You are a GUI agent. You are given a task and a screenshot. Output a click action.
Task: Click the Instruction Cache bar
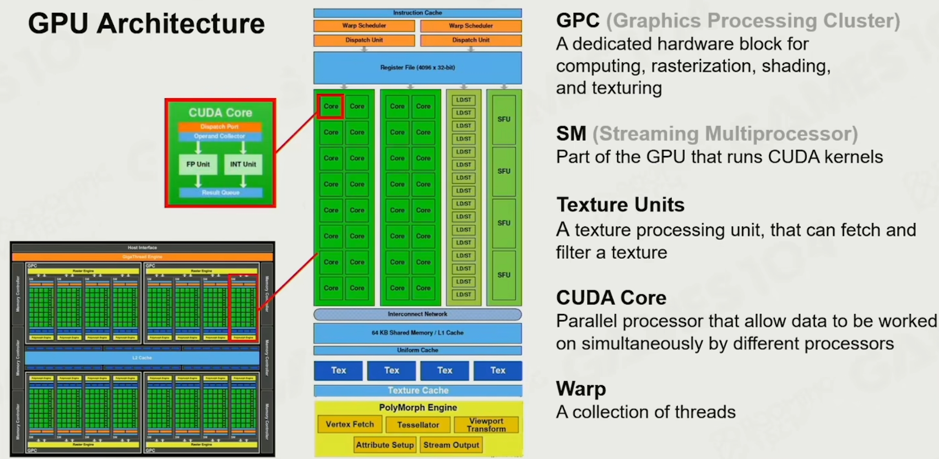tap(417, 13)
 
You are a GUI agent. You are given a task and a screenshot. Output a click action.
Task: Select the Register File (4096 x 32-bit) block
tap(417, 68)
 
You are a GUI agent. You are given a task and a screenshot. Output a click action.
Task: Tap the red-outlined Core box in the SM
tap(331, 106)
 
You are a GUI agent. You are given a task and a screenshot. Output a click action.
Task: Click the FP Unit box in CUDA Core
tap(198, 164)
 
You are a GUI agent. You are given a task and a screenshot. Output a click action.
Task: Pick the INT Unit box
tap(243, 164)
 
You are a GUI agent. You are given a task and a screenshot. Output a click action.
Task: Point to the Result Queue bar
tap(220, 192)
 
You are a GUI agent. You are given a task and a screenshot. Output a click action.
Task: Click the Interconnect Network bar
tap(417, 314)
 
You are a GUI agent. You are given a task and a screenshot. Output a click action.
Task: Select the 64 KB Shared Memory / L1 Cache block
tap(417, 333)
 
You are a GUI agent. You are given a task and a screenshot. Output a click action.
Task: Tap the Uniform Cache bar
tap(417, 350)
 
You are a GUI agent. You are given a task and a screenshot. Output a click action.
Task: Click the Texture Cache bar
tap(418, 390)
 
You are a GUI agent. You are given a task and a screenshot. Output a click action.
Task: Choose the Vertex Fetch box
tap(350, 424)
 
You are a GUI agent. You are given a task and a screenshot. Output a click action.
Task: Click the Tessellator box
tap(418, 425)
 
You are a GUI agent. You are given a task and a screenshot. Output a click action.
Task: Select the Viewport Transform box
tap(486, 425)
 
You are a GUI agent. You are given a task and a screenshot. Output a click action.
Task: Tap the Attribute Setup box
tap(385, 445)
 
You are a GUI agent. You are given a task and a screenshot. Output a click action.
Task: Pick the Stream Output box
tap(451, 445)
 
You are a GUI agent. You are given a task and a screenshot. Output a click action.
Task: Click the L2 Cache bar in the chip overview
tap(142, 358)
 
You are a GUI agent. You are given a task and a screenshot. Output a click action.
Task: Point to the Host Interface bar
tap(142, 248)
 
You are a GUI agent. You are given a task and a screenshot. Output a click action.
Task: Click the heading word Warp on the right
tap(581, 389)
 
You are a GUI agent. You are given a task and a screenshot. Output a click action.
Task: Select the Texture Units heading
tap(620, 204)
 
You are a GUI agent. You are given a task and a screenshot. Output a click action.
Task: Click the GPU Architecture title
tap(146, 23)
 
